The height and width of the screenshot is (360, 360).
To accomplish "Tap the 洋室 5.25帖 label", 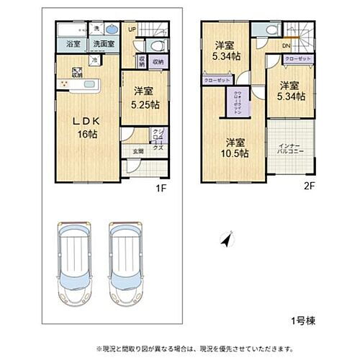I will (x=143, y=97).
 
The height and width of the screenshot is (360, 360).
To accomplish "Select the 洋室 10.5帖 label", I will (x=235, y=147).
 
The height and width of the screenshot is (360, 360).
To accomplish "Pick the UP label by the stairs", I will (x=132, y=30).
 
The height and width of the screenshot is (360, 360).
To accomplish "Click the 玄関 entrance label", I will (x=137, y=151).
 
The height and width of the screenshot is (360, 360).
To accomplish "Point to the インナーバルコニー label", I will (x=292, y=150).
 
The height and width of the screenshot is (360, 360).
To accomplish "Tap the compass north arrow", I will (x=228, y=241).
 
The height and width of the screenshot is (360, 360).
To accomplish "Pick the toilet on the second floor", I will (x=270, y=29).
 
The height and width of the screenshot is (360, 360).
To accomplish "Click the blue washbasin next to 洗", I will (x=113, y=30).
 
